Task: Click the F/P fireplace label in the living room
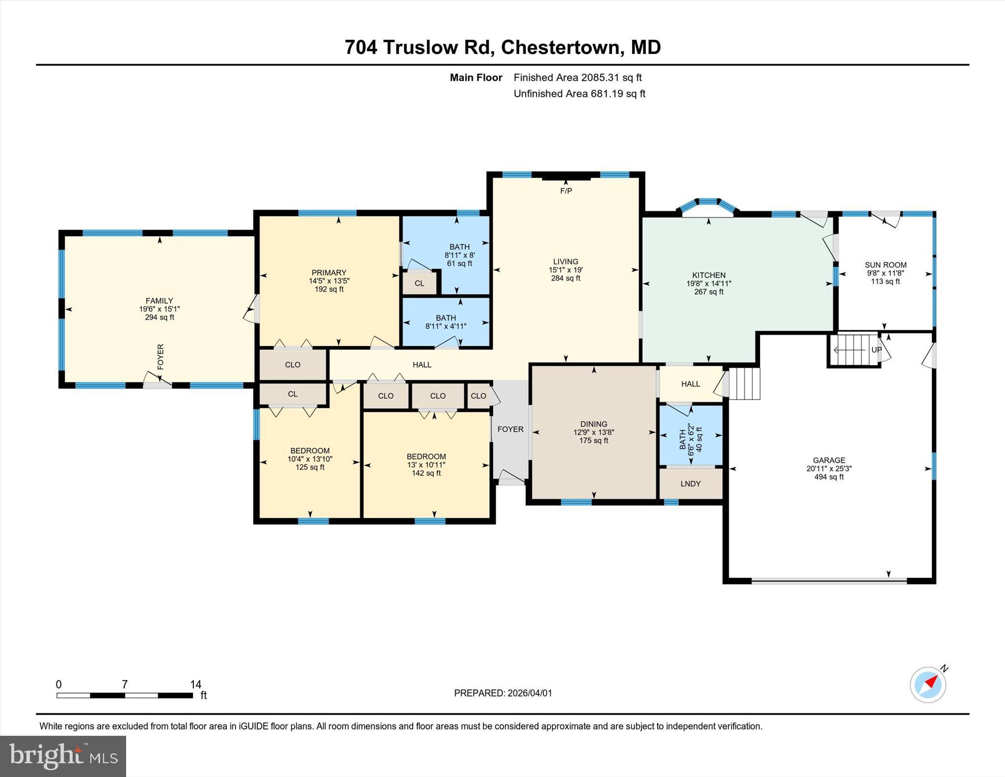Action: (566, 190)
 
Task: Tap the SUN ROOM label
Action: (885, 265)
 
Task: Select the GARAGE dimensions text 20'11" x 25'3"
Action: (829, 468)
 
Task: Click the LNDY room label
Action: (690, 483)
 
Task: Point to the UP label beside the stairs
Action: (876, 350)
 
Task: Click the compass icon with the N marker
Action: (928, 685)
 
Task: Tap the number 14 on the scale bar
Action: (196, 684)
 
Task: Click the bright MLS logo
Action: (63, 756)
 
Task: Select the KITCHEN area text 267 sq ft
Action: (709, 292)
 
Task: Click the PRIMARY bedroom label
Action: (329, 272)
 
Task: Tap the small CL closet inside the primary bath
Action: (419, 283)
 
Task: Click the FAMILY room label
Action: (159, 300)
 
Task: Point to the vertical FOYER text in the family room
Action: (160, 357)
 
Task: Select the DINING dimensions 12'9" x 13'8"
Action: (594, 432)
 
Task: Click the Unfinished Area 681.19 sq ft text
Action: (579, 93)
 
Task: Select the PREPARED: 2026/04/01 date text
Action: (503, 693)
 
